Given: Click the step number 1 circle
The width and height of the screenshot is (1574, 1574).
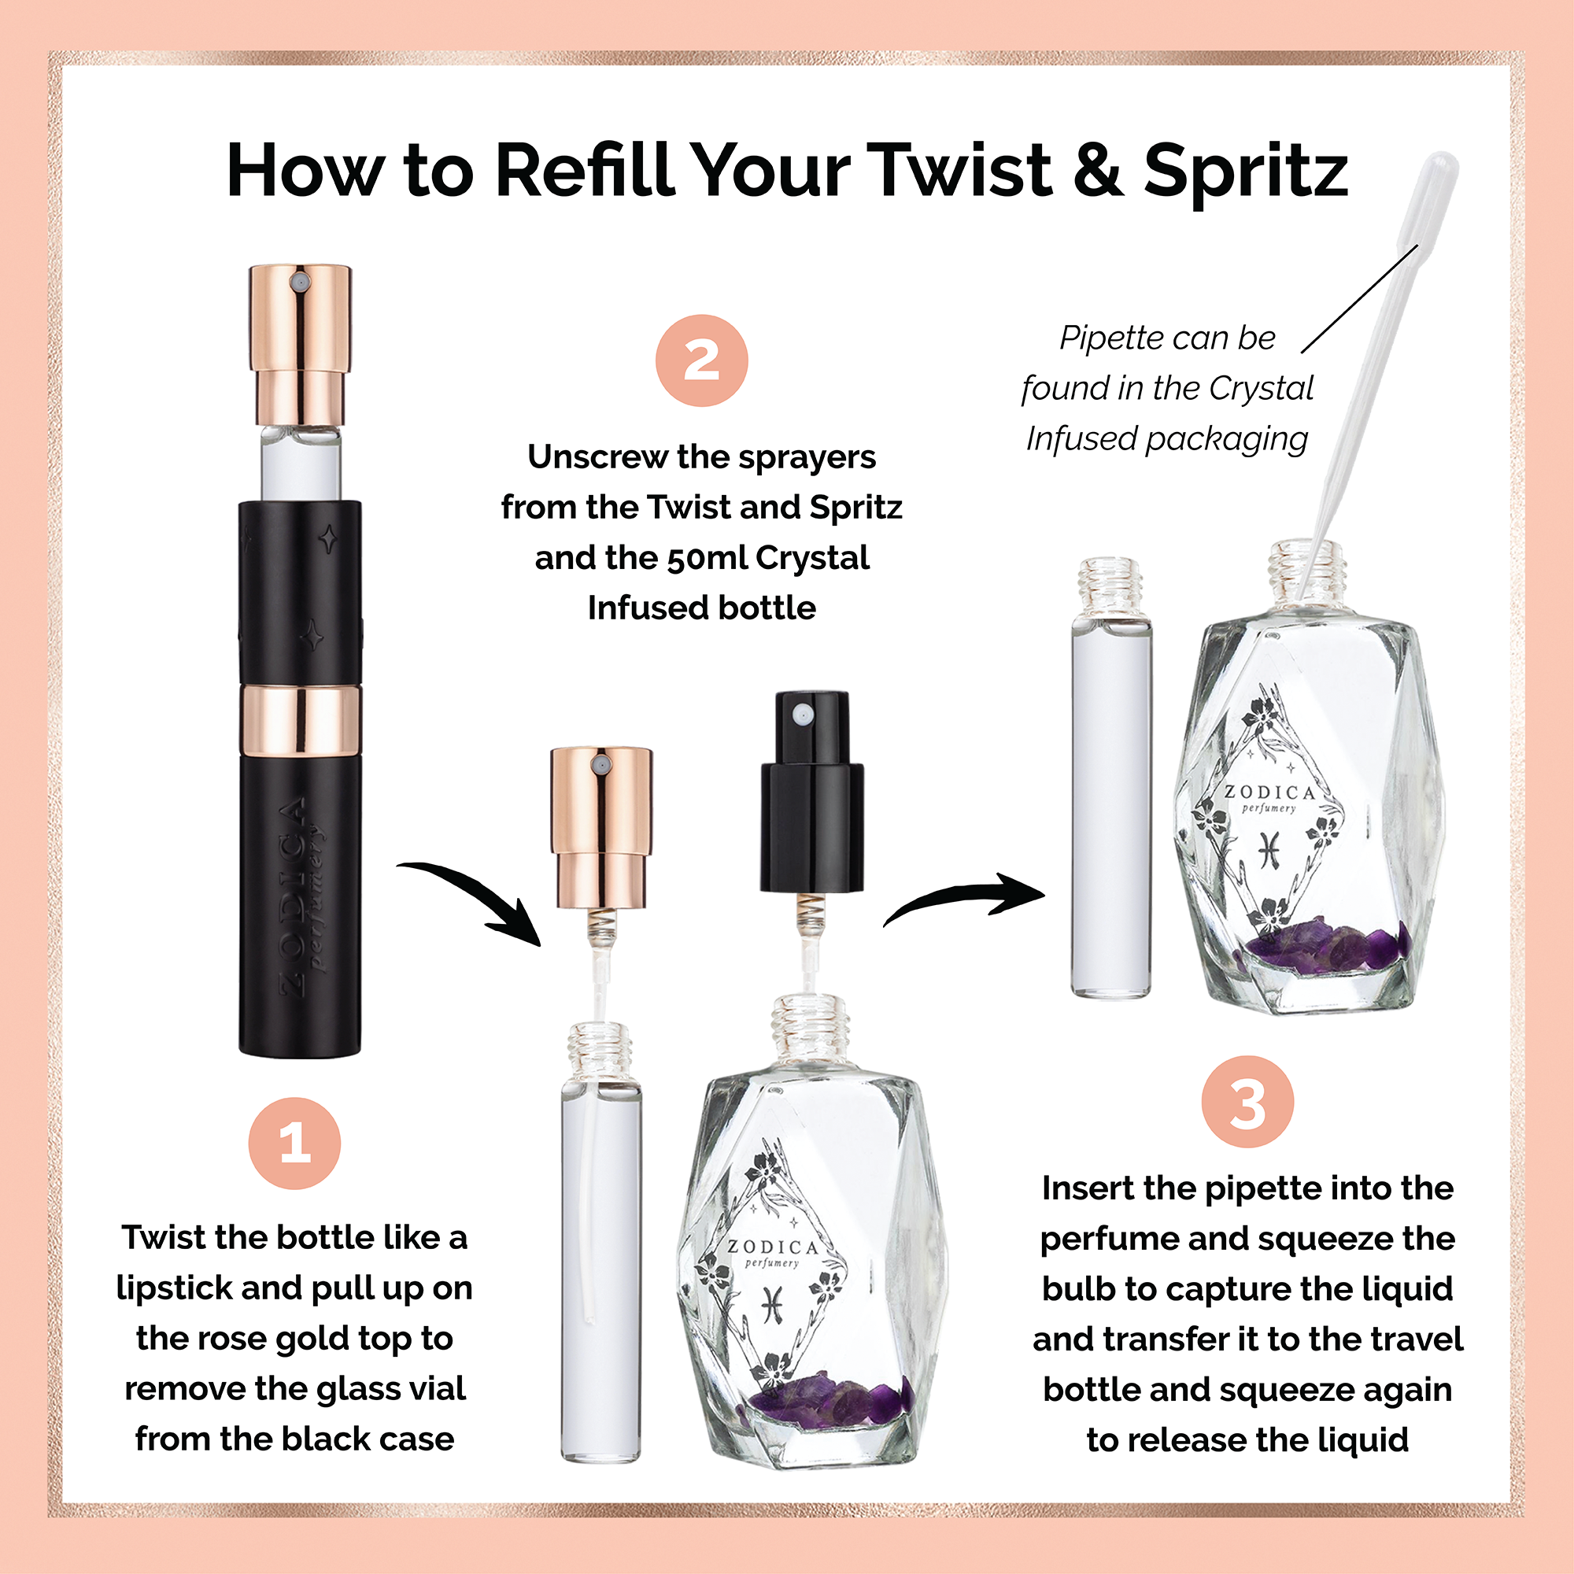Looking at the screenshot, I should [294, 1143].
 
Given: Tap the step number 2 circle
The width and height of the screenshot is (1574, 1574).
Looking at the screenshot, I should [701, 360].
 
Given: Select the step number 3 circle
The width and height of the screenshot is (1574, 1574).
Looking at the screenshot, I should [1247, 1102].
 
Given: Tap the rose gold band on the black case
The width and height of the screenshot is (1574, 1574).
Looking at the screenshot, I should [301, 720].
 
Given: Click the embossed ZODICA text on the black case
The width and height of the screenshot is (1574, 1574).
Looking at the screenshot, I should [294, 896].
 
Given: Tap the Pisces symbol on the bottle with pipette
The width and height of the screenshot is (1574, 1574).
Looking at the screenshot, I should [1269, 850].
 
